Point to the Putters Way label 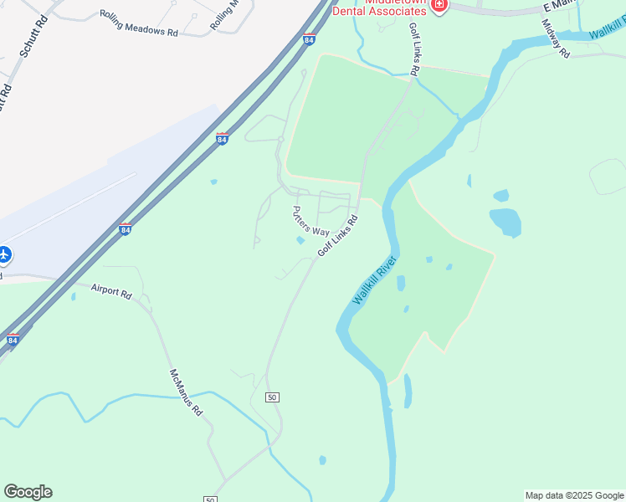click(x=310, y=221)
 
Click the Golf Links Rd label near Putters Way click(x=337, y=236)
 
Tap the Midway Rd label click(x=555, y=38)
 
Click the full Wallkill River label click(x=374, y=280)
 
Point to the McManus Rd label click(x=186, y=393)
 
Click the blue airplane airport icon click(x=4, y=254)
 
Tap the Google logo click(x=28, y=492)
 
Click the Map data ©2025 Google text click(x=574, y=495)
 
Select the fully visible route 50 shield click(x=272, y=397)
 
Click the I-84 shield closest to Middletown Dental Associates click(x=310, y=39)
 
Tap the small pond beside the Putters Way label click(x=300, y=241)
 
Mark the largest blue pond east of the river click(x=505, y=222)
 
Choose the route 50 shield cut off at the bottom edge click(x=210, y=499)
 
